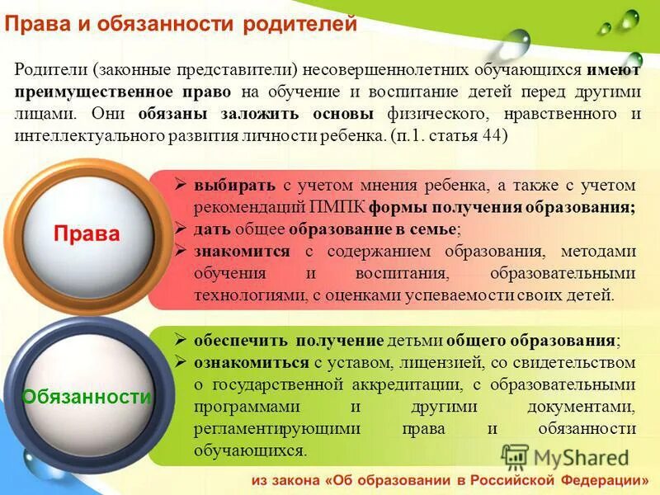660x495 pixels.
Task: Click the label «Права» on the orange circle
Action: pos(87,233)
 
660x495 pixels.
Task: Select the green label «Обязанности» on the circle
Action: pos(87,397)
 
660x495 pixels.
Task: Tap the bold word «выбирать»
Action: pos(229,186)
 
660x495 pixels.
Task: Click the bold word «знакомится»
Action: pos(243,251)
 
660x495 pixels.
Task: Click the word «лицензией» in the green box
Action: pos(428,362)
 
